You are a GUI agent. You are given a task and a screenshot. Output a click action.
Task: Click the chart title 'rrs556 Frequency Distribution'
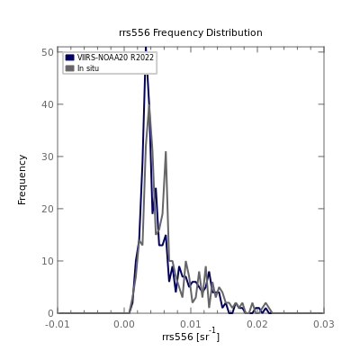point(191,32)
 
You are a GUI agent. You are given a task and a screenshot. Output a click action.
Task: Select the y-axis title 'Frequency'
point(22,180)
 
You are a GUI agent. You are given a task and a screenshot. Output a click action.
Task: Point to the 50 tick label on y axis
point(48,52)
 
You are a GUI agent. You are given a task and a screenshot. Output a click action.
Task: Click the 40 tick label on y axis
point(48,104)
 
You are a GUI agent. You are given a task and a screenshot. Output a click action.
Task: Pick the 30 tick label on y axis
point(48,157)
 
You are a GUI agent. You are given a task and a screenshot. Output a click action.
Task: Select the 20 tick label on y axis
point(48,209)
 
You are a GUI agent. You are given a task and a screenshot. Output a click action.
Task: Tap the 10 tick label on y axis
point(48,261)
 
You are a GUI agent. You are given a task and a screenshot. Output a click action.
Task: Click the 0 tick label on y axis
point(50,313)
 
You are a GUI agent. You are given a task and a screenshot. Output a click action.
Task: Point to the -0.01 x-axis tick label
point(58,324)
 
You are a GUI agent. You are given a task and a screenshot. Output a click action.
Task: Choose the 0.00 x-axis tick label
point(124,324)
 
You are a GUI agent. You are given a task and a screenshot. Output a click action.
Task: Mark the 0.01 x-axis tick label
point(191,324)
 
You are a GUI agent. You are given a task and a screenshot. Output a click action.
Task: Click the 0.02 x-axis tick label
point(257,324)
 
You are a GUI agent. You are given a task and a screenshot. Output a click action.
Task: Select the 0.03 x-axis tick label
point(324,324)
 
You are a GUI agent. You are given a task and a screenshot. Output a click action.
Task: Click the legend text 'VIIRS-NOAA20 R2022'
point(115,58)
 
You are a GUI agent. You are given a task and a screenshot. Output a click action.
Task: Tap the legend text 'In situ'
point(88,68)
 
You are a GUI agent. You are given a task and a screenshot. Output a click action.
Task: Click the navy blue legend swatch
point(70,58)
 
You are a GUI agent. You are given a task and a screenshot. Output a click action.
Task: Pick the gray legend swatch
point(70,68)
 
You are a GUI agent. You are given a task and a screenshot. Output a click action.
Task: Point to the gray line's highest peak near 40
point(148,105)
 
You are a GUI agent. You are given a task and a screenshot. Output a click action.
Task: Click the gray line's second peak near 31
point(166,152)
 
